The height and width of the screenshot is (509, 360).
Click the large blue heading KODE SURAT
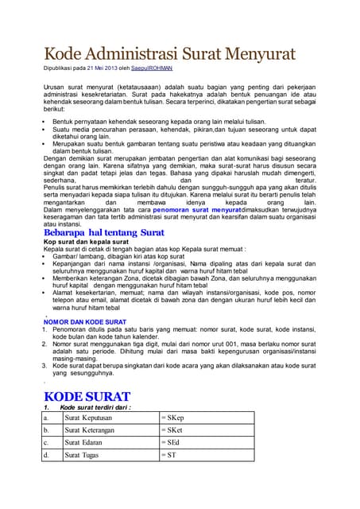pyautogui.click(x=87, y=396)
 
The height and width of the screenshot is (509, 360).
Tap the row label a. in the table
pyautogui.click(x=47, y=417)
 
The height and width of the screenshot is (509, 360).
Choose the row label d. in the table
pyautogui.click(x=47, y=455)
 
